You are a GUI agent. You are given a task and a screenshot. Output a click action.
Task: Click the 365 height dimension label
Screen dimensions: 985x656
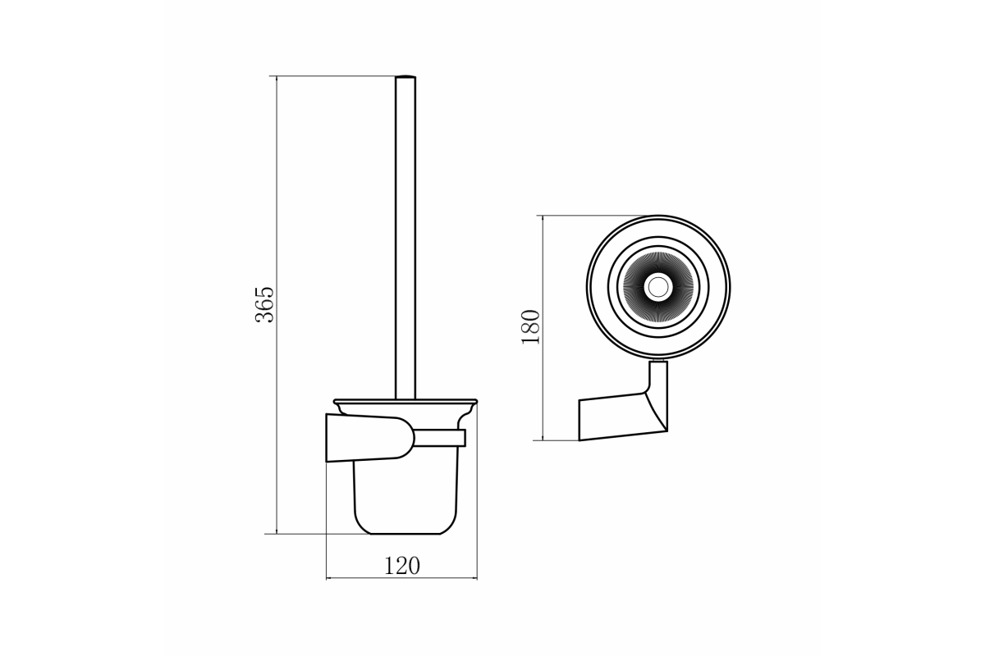point(264,304)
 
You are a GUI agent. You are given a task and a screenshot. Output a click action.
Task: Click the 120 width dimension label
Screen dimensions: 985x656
point(402,566)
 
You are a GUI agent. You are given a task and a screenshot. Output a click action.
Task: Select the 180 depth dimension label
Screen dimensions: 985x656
point(530,327)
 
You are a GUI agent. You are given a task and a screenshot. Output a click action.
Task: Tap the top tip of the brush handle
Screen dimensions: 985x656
point(405,77)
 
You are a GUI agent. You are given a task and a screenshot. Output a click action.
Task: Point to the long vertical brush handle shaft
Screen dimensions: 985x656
point(405,238)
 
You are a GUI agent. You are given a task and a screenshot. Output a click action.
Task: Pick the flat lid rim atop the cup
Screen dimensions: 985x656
point(405,401)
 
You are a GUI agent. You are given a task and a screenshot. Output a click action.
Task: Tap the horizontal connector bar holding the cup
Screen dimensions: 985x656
point(440,438)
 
